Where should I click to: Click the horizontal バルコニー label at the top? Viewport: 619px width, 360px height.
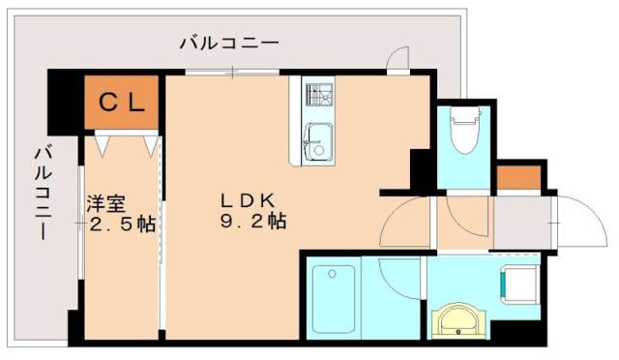230,44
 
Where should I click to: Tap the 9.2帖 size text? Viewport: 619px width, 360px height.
250,222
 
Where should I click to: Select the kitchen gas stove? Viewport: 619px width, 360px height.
317,96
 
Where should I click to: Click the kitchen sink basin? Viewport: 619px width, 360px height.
315,142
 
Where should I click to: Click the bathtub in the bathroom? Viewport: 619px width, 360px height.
332,297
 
